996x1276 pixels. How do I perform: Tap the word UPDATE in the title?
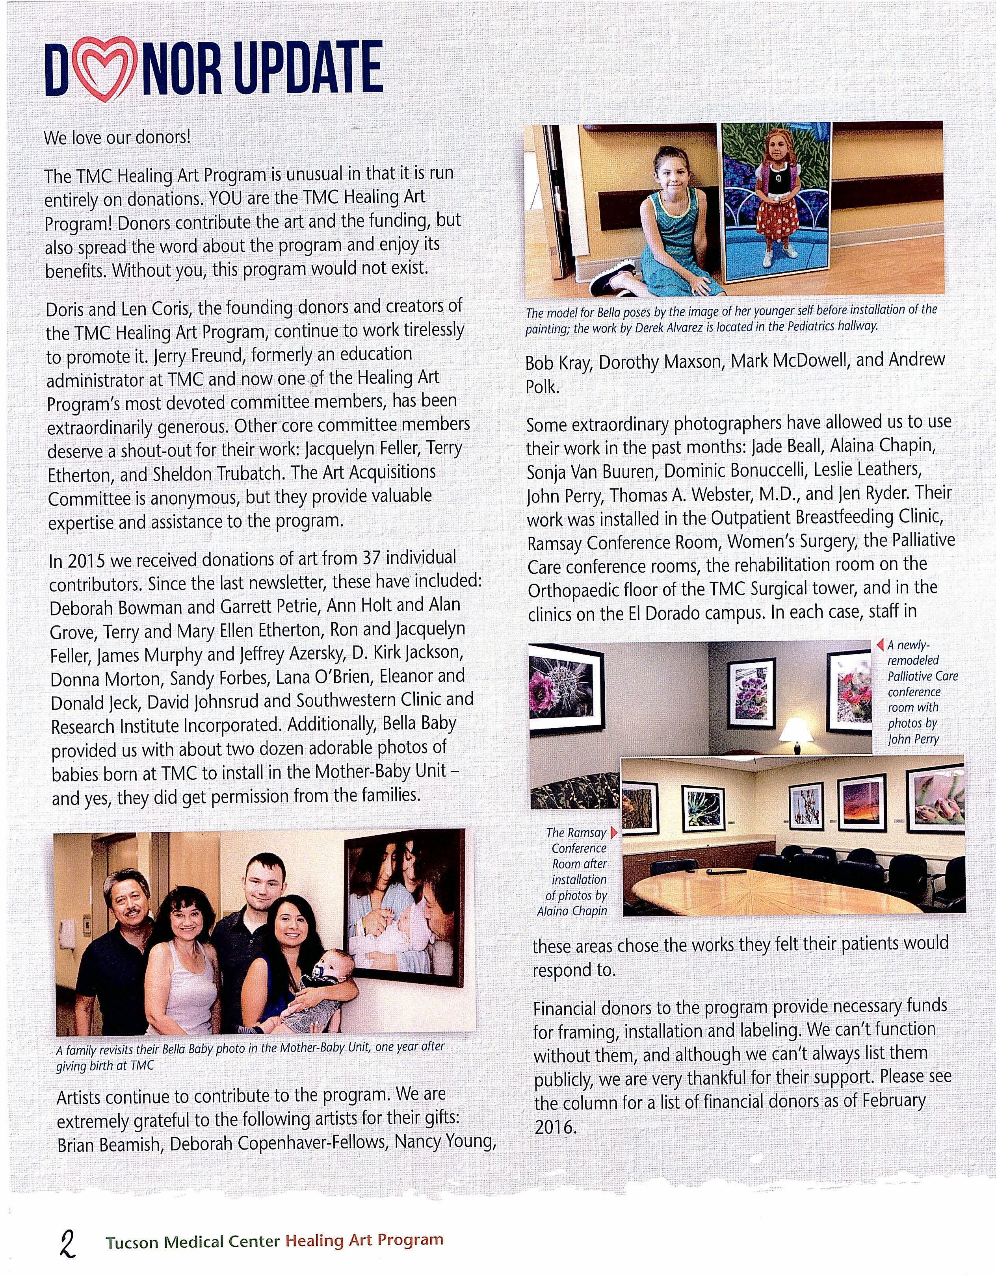(309, 69)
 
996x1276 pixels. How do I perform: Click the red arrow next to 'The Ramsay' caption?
(613, 832)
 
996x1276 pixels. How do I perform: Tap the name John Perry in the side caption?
(913, 739)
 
